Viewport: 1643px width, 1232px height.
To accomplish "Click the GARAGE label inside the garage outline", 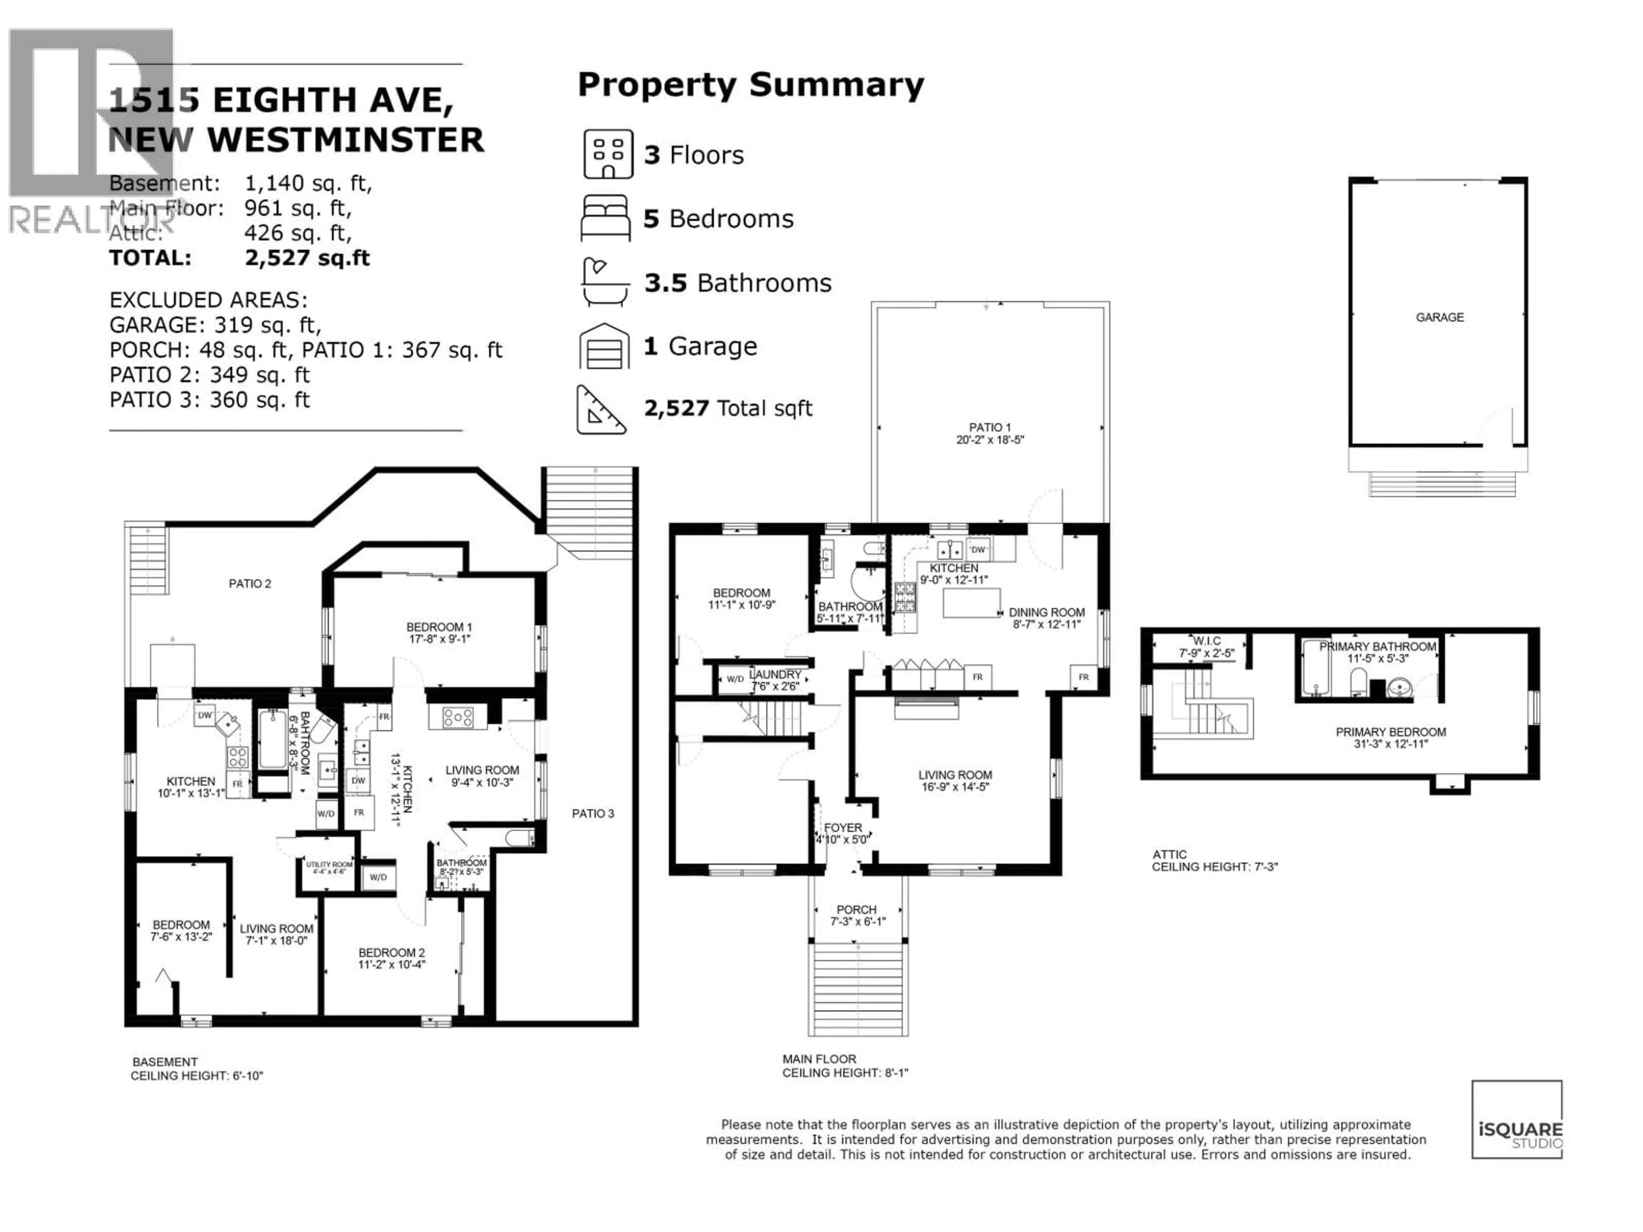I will pyautogui.click(x=1439, y=317).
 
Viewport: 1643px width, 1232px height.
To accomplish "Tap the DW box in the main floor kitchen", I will pyautogui.click(x=978, y=550).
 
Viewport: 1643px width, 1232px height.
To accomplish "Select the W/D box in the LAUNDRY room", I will pyautogui.click(x=735, y=679).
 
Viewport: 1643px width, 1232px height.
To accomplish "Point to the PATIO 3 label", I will pyautogui.click(x=593, y=814).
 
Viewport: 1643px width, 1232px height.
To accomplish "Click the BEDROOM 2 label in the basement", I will pyautogui.click(x=391, y=953).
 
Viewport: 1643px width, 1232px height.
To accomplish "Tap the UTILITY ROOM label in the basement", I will pyautogui.click(x=329, y=865).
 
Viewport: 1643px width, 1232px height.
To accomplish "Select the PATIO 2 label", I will pyautogui.click(x=249, y=583).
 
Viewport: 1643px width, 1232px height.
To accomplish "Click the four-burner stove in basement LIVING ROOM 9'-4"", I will pyautogui.click(x=457, y=717).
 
